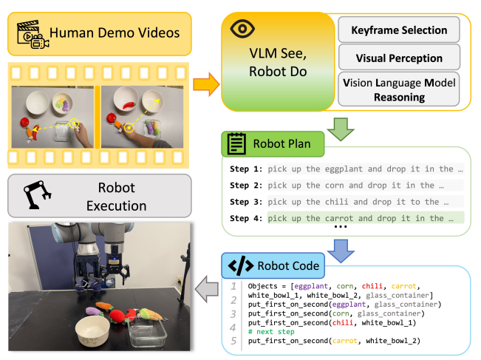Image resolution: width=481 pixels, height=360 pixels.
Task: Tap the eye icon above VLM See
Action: point(242,30)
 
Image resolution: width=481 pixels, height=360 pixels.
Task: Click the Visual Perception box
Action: point(400,58)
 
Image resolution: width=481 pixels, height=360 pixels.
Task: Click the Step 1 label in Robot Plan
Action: point(245,169)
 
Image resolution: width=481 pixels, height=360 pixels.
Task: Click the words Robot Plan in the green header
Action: point(282,143)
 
